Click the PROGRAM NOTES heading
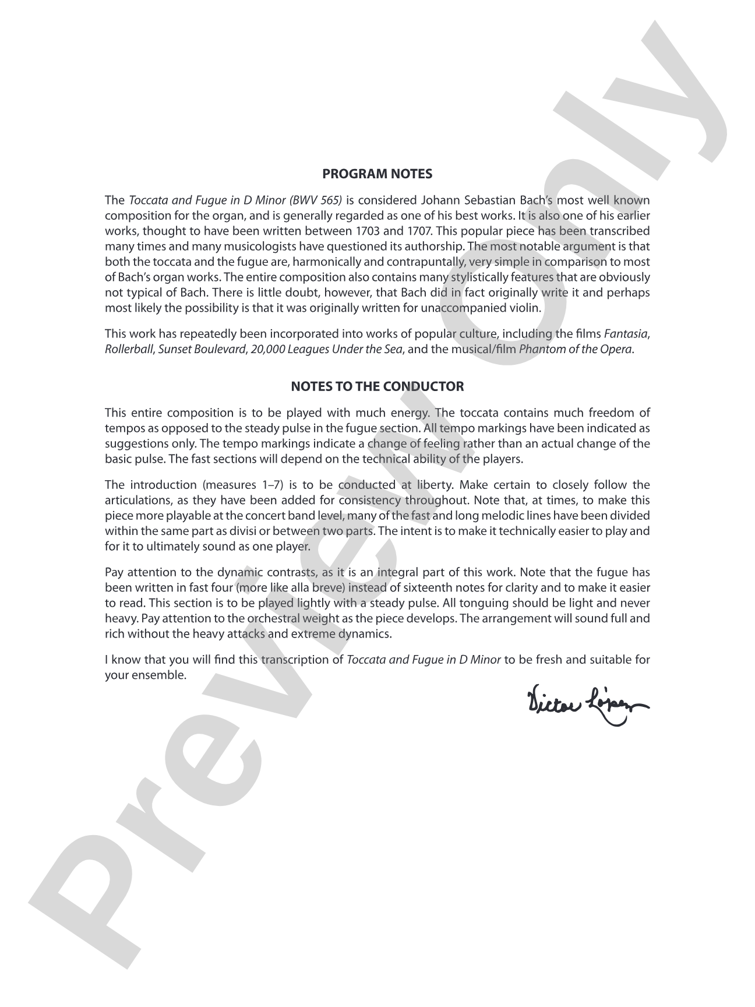(377, 174)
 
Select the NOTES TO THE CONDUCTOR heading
(377, 386)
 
